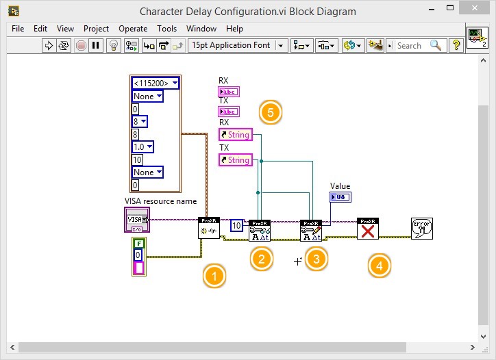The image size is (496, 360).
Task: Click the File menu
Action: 18,29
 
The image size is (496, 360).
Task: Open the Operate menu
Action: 133,29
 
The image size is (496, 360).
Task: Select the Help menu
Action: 234,29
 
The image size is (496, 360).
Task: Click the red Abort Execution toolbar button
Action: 81,45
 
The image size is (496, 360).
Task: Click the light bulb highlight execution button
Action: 114,45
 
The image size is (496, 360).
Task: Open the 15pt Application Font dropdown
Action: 238,45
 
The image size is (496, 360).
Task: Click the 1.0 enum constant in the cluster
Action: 143,146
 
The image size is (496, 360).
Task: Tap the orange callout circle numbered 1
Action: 214,277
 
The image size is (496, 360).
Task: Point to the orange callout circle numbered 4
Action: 380,265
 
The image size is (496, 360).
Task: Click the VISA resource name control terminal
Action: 136,220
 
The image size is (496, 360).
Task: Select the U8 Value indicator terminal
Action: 340,197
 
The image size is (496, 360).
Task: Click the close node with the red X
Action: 368,229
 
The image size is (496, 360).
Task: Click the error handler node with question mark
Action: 421,228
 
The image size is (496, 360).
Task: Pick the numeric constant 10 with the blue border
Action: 236,225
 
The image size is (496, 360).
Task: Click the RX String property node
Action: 235,135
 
